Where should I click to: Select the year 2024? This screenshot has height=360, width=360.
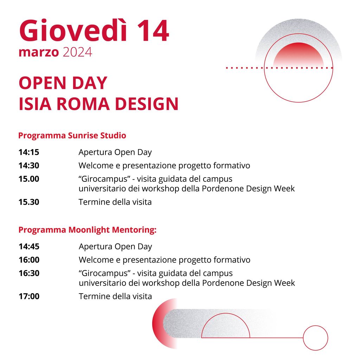pyautogui.click(x=77, y=52)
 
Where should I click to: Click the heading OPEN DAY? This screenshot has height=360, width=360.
pyautogui.click(x=63, y=83)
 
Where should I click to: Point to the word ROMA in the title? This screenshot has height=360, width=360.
pyautogui.click(x=83, y=104)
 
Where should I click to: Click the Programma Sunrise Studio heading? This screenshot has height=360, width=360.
pyautogui.click(x=72, y=135)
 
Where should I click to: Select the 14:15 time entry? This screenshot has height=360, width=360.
pyautogui.click(x=29, y=152)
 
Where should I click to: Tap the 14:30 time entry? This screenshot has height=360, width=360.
pyautogui.click(x=29, y=166)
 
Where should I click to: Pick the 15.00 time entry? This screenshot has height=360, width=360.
pyautogui.click(x=29, y=179)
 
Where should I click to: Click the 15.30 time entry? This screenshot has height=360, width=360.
pyautogui.click(x=29, y=202)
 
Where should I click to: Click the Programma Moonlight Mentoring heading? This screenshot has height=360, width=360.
pyautogui.click(x=87, y=230)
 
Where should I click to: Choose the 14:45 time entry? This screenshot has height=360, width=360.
pyautogui.click(x=29, y=246)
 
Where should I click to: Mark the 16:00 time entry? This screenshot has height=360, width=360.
pyautogui.click(x=29, y=260)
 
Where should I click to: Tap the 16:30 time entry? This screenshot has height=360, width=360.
pyautogui.click(x=29, y=273)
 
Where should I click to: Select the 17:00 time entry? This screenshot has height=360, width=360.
pyautogui.click(x=29, y=296)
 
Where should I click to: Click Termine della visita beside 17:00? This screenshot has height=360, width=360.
pyautogui.click(x=115, y=296)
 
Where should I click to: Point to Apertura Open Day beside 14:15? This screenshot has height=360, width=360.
pyautogui.click(x=115, y=153)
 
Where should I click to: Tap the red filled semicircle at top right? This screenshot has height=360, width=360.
pyautogui.click(x=298, y=53)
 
